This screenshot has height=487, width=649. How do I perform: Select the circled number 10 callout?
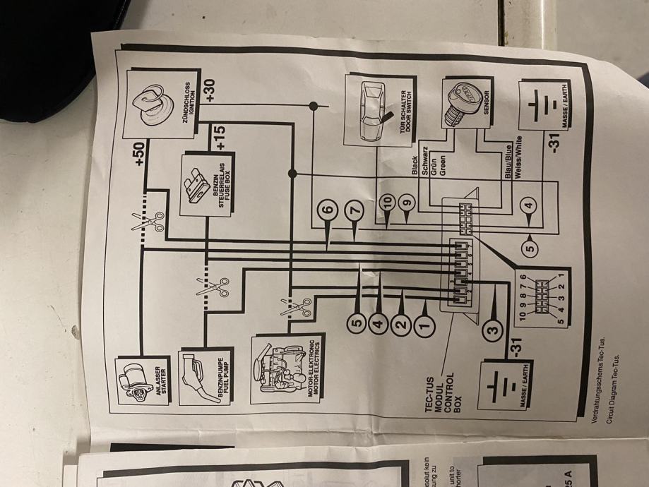pos(386,203)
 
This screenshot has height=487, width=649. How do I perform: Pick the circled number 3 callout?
pos(493,327)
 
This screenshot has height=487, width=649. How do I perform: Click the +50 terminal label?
pos(139,153)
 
